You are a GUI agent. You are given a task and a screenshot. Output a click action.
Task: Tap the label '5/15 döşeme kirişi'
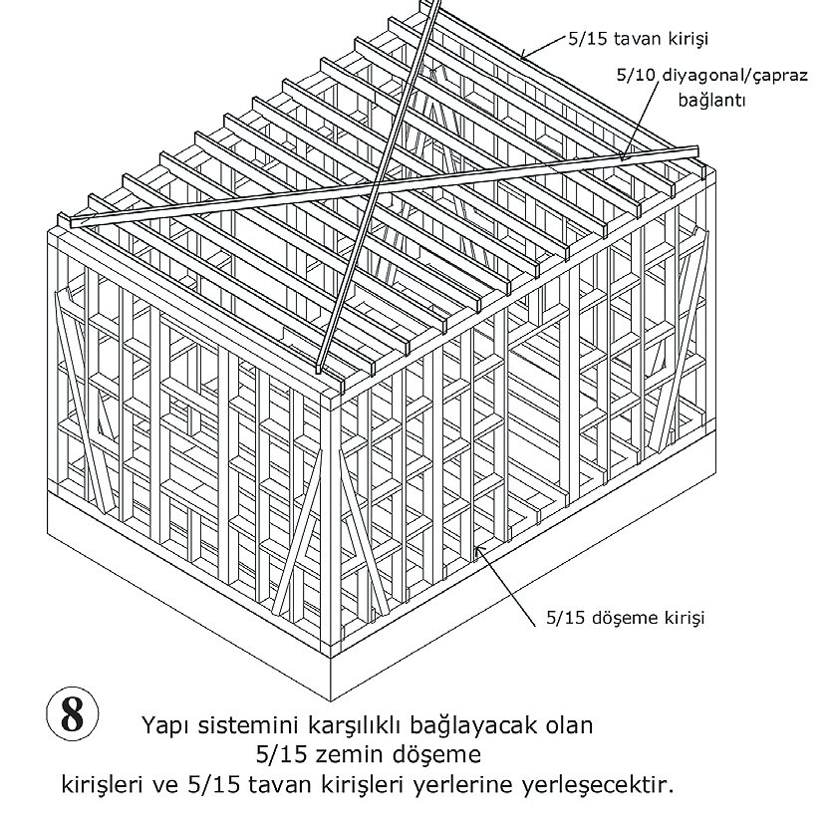(625, 618)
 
